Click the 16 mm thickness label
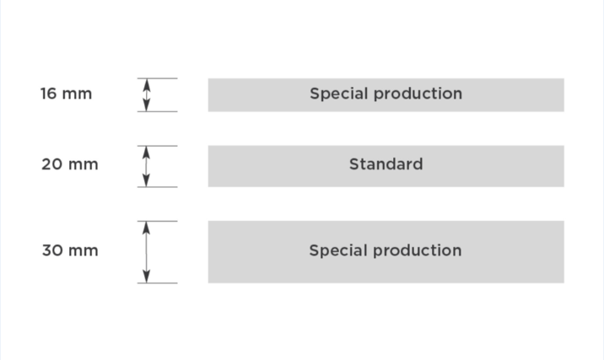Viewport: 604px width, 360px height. [x=67, y=94]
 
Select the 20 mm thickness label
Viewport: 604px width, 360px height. [x=70, y=164]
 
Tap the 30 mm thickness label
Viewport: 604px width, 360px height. [x=70, y=250]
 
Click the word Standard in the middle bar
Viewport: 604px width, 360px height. [x=386, y=164]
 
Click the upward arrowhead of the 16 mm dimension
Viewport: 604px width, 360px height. [x=147, y=84]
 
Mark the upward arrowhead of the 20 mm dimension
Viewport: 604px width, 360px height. [x=146, y=153]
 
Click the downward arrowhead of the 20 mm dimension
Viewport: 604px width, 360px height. [x=146, y=180]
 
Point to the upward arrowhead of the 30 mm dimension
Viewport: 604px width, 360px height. [x=146, y=228]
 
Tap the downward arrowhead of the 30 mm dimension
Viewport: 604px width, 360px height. [x=146, y=277]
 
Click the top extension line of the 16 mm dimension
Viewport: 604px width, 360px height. [x=157, y=78]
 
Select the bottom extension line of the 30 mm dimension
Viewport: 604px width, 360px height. [x=157, y=283]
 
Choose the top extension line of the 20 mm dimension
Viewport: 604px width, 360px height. [x=157, y=146]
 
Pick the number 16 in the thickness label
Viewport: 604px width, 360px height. [x=49, y=94]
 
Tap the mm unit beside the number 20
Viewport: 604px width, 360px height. [x=84, y=165]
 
